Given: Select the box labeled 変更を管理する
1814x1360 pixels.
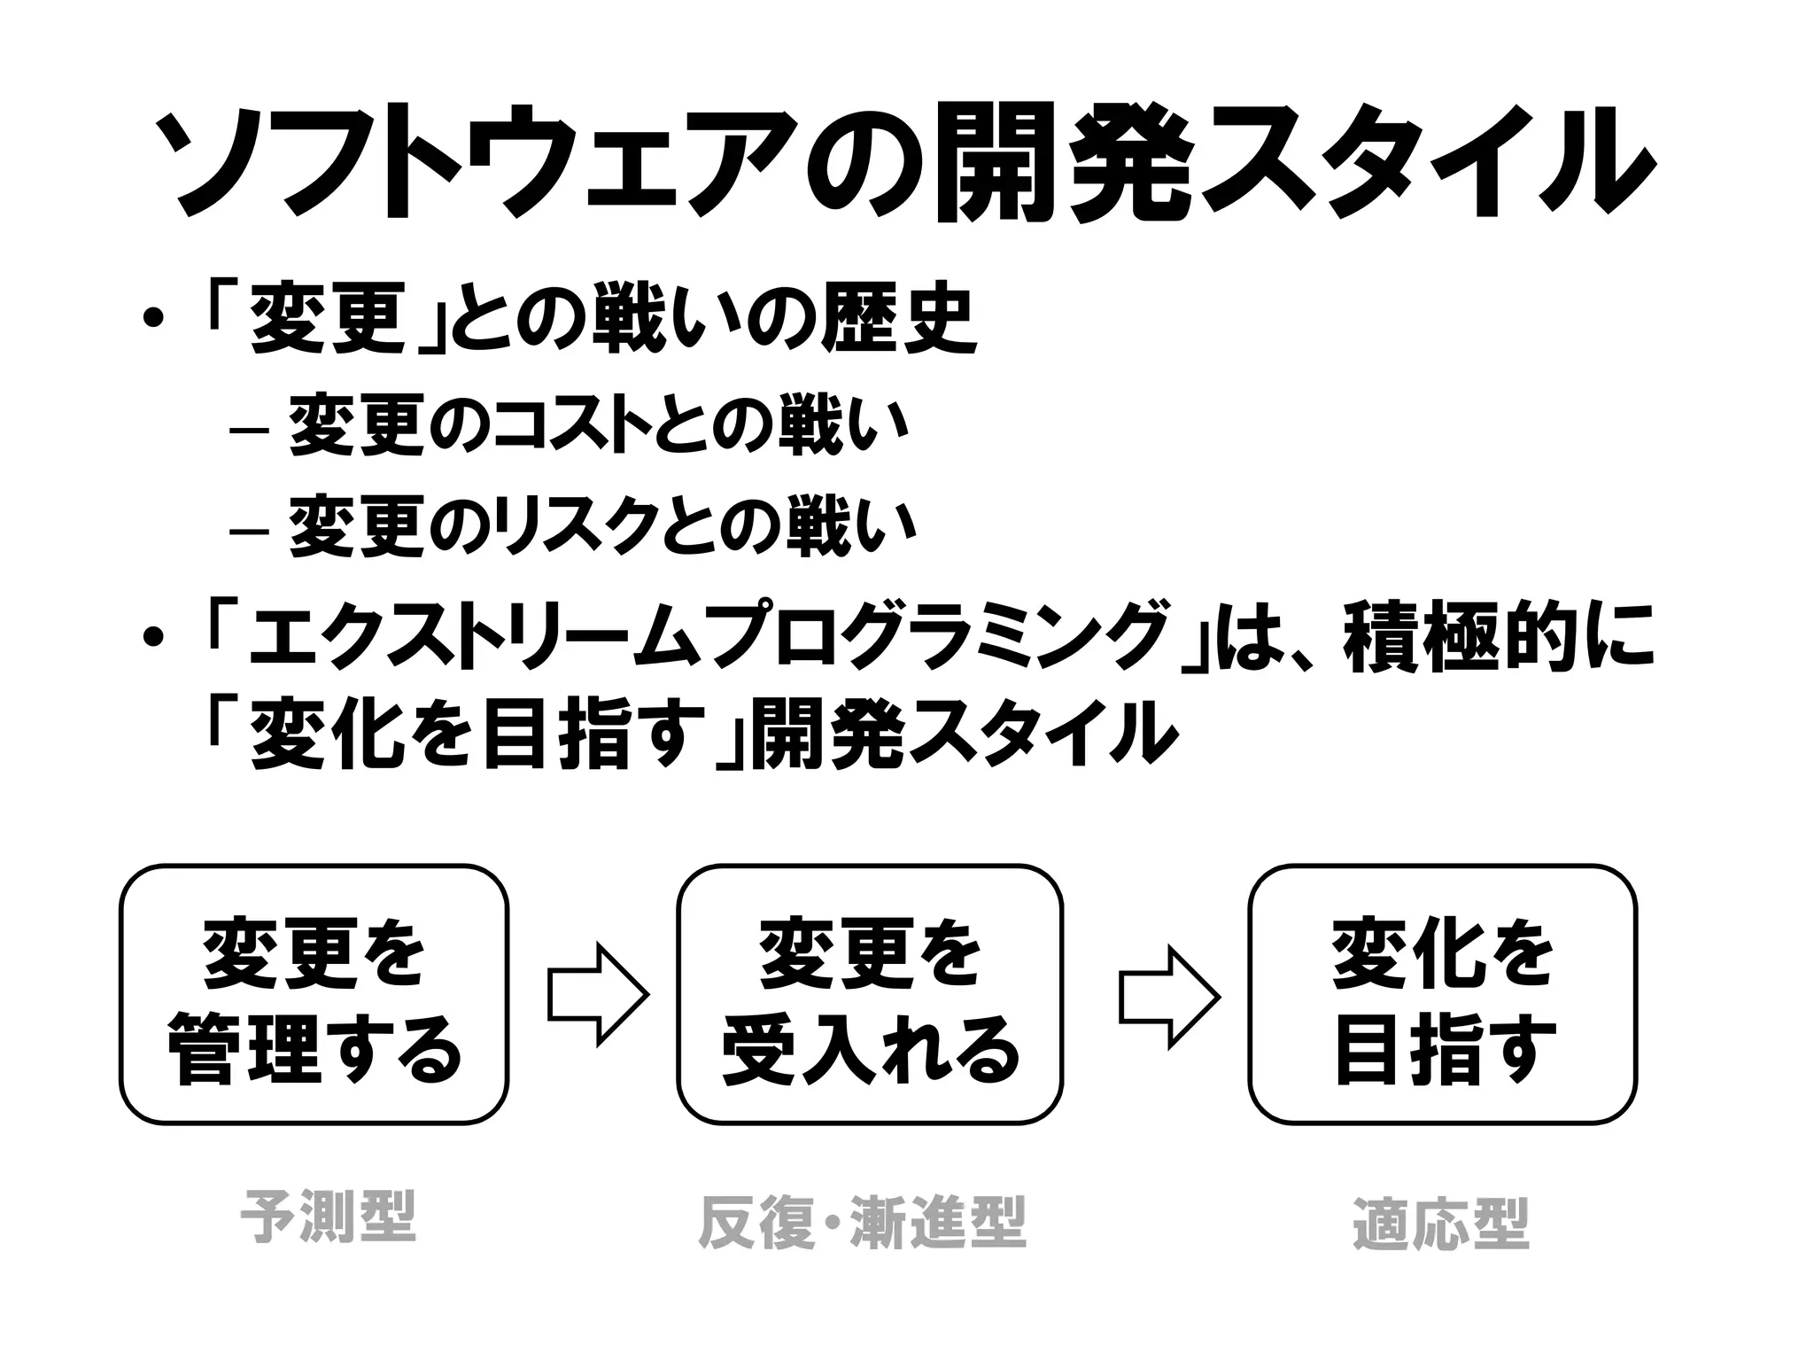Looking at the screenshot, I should [x=314, y=994].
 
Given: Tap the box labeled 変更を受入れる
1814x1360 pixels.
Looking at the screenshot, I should [x=870, y=994].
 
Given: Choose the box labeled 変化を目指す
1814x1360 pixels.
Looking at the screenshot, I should [x=1442, y=994].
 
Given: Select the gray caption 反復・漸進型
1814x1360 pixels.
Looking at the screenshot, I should [x=862, y=1223].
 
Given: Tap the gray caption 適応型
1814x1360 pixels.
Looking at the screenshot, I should [x=1441, y=1224].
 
